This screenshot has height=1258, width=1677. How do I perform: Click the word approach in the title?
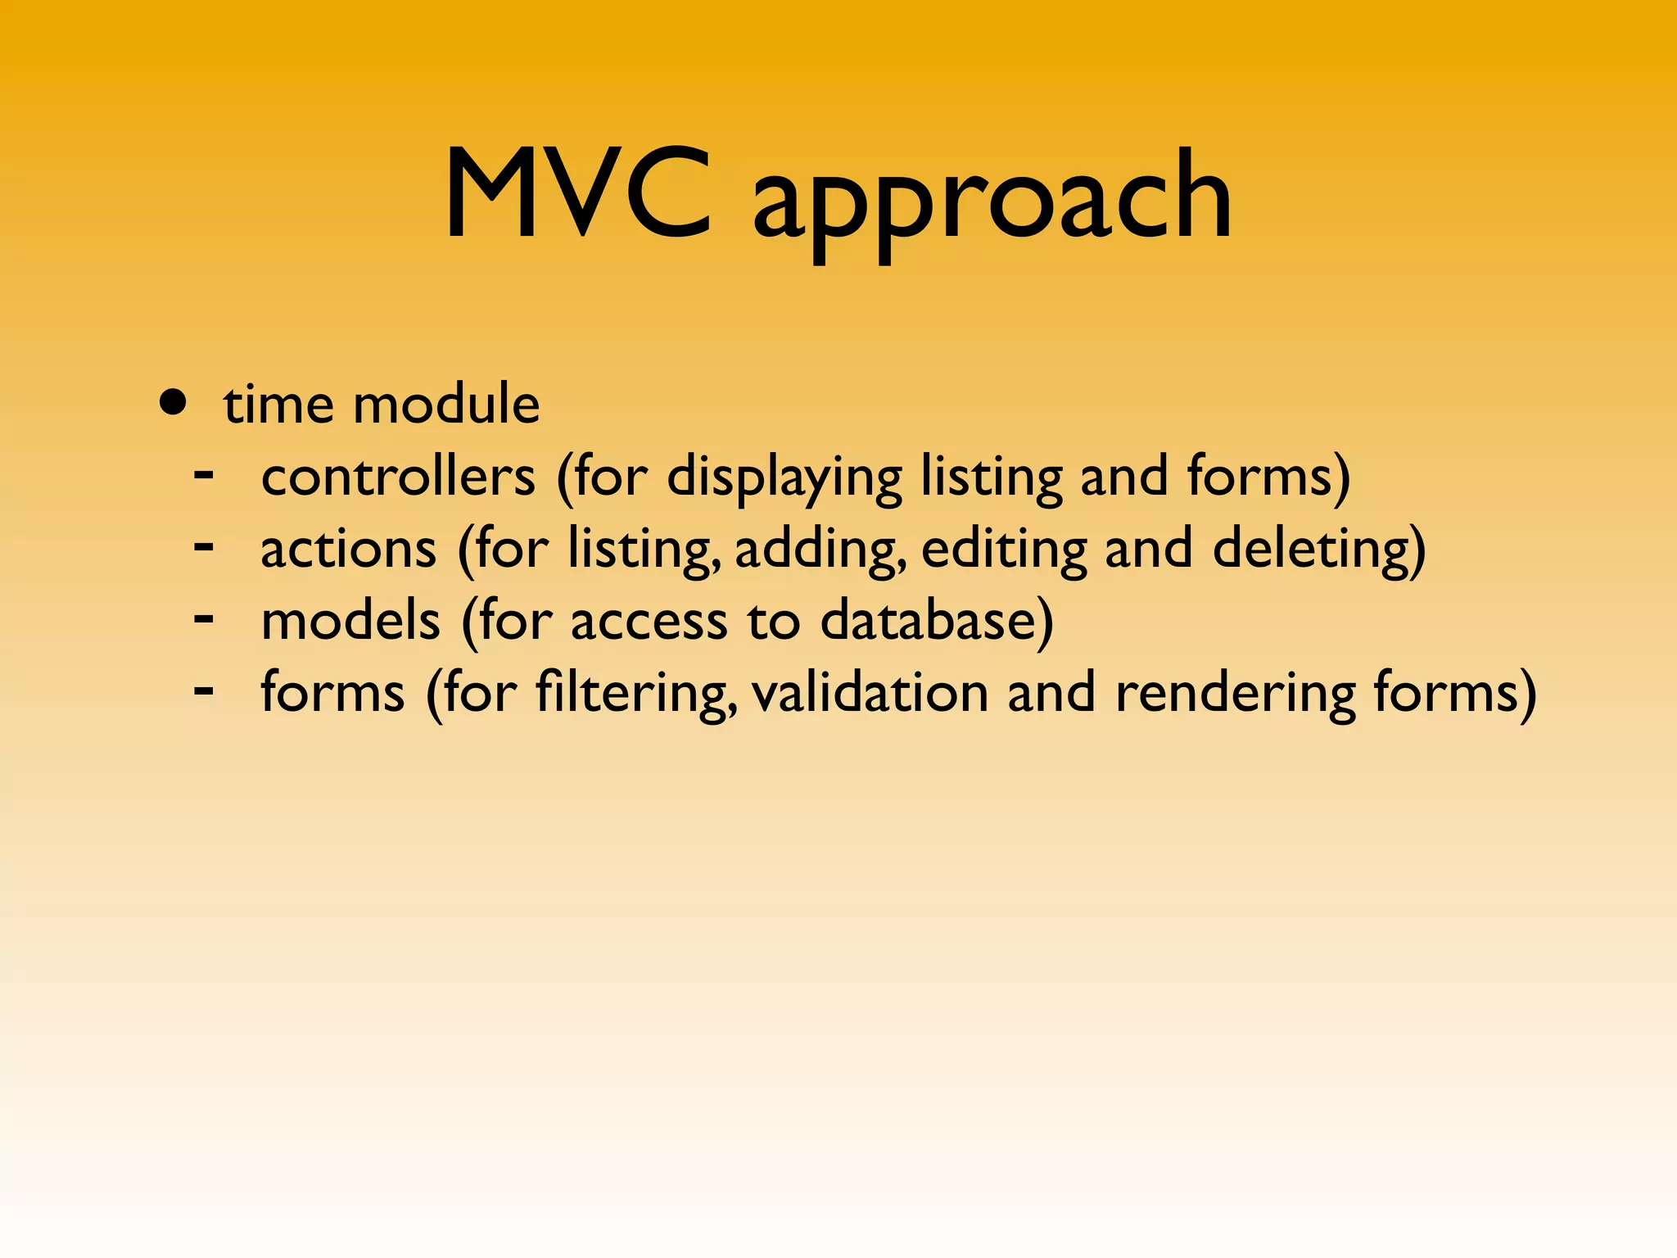pos(992,201)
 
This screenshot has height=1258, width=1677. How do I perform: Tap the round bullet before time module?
pos(173,403)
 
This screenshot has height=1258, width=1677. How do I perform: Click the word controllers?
pos(398,477)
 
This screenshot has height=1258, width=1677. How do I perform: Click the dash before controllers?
pos(204,473)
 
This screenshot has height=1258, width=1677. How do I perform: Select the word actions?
pos(348,549)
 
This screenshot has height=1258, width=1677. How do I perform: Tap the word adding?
pos(820,550)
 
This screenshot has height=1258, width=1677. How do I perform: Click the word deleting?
pos(1318,550)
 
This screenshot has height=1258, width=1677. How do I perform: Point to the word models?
pos(350,621)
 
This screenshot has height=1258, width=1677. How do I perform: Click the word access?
pos(649,622)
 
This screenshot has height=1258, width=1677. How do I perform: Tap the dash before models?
pos(204,618)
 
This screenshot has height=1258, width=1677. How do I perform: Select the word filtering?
pos(635,695)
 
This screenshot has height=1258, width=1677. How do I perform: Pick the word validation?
pos(870,693)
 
